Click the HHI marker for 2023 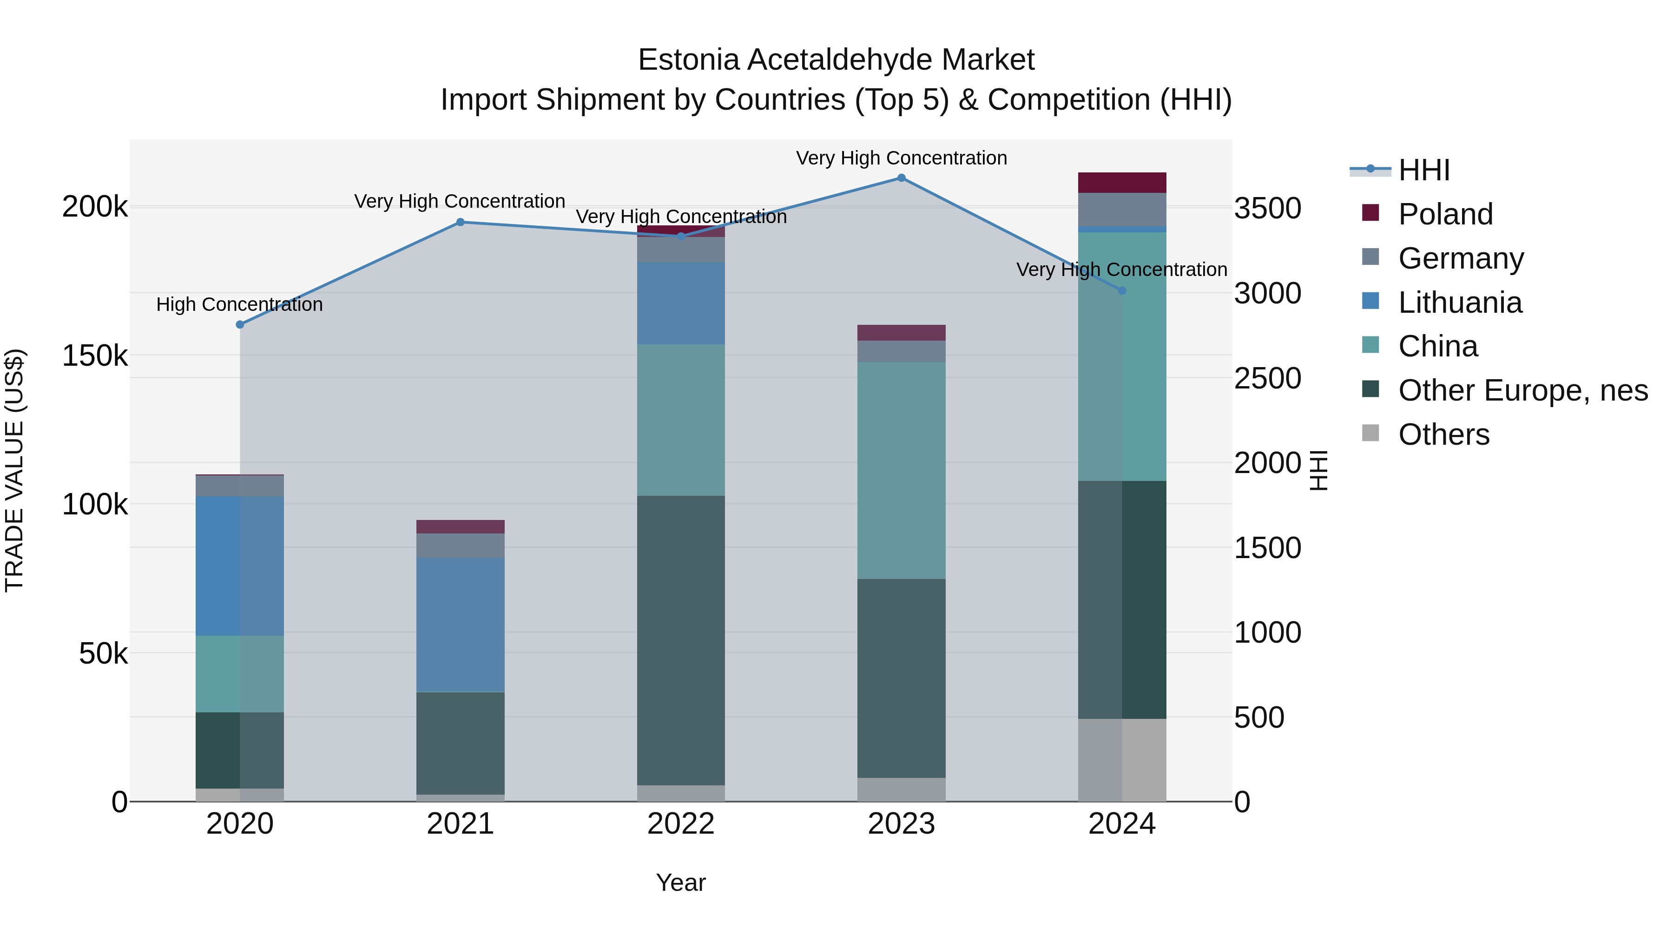click(902, 178)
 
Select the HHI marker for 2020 click(240, 324)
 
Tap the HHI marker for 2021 click(461, 222)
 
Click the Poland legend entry click(1445, 214)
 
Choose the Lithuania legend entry click(1459, 303)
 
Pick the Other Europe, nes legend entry click(1522, 390)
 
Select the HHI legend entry click(1423, 170)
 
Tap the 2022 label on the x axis click(681, 824)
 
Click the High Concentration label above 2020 click(240, 304)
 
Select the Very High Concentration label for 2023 click(902, 158)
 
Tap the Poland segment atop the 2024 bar click(1122, 183)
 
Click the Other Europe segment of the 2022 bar click(681, 640)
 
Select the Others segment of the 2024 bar click(1122, 759)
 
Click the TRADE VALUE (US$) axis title click(14, 470)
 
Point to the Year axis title click(681, 882)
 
